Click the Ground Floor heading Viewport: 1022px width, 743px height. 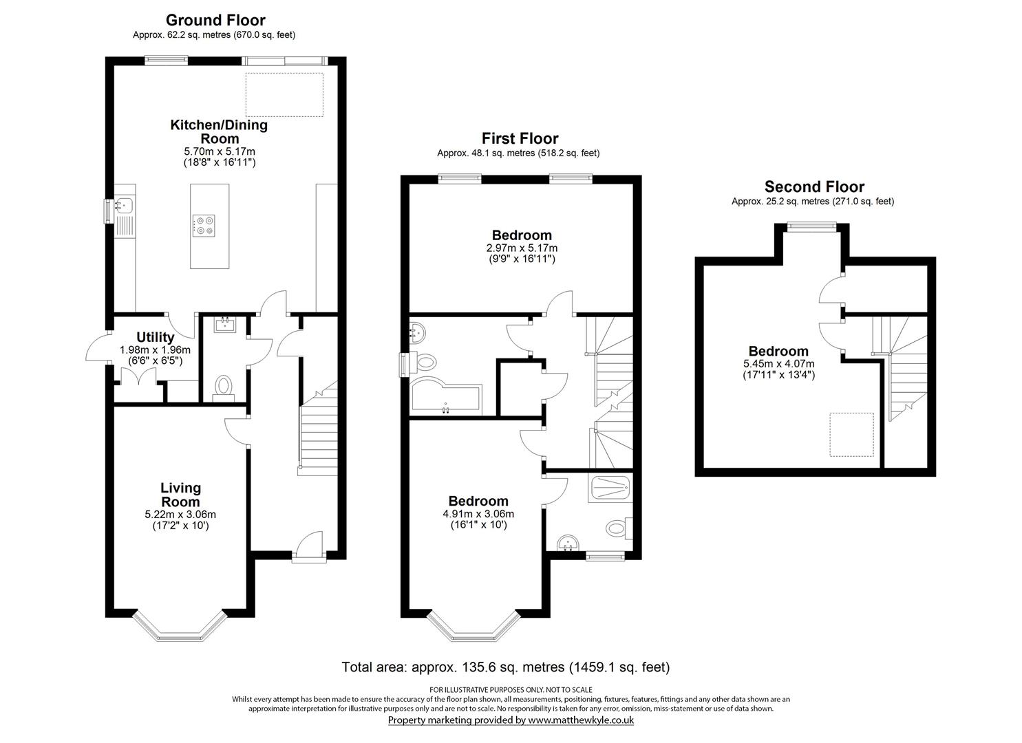[215, 20]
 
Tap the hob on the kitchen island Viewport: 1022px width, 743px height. [204, 226]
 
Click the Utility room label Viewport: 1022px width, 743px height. [155, 337]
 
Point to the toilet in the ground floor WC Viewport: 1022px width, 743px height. [224, 389]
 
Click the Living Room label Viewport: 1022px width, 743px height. [180, 495]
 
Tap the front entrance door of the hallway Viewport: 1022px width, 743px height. [309, 545]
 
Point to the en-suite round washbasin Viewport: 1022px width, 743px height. [568, 544]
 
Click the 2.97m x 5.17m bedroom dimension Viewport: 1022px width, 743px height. [522, 248]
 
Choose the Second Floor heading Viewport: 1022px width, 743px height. [814, 186]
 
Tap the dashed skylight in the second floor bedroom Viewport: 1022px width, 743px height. [851, 434]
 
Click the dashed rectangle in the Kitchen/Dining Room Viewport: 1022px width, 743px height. [284, 94]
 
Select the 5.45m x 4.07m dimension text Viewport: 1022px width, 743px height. [779, 364]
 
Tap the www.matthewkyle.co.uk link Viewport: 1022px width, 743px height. [581, 720]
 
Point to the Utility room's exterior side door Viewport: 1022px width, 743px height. [97, 348]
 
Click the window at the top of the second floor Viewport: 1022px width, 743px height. [812, 227]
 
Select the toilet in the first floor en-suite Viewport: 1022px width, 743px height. [619, 528]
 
